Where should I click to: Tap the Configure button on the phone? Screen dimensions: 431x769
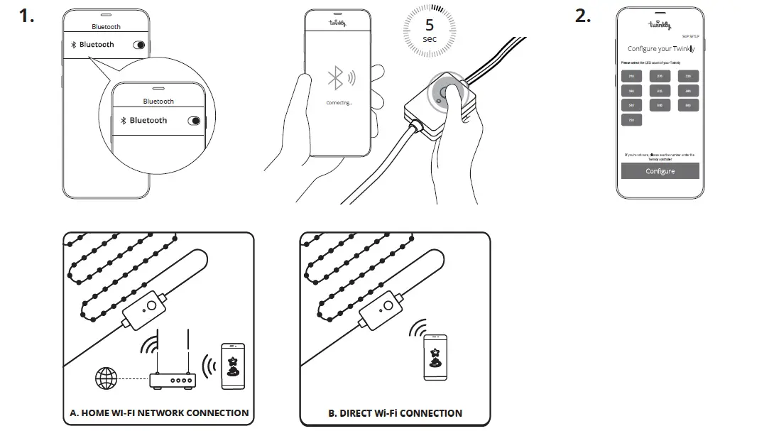[660, 171]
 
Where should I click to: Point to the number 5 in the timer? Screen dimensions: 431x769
[430, 26]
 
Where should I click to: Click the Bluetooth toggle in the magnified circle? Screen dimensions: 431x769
[194, 121]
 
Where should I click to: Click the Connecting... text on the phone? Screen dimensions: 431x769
[339, 103]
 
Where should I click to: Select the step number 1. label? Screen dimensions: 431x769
[27, 16]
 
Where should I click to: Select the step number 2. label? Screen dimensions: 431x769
[583, 16]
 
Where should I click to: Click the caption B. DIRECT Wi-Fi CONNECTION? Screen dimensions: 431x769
[395, 413]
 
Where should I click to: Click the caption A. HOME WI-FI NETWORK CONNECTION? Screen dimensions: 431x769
[159, 413]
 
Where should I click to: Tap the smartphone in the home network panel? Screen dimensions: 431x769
[233, 366]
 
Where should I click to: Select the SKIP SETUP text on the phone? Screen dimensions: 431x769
[690, 36]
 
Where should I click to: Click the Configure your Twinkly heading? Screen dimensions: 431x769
[660, 49]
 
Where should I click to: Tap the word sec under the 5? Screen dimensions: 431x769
[430, 39]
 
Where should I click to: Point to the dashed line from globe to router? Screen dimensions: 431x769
[133, 379]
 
